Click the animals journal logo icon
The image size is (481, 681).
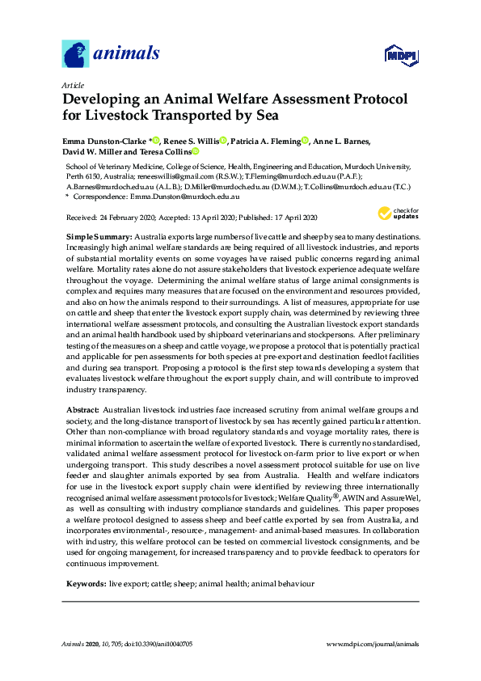(x=75, y=54)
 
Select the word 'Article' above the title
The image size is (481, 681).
(x=71, y=84)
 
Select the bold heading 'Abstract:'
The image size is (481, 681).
(x=83, y=410)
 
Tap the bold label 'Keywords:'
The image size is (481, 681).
(x=86, y=560)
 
